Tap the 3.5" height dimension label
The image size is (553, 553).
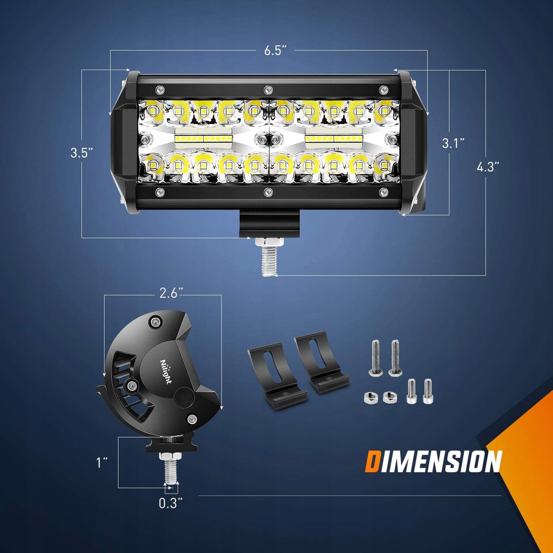coord(81,153)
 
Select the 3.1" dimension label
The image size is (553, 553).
coord(453,143)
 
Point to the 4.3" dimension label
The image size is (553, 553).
coord(488,167)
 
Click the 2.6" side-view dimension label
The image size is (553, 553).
coord(171,294)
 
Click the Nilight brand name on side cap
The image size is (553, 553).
coord(166,370)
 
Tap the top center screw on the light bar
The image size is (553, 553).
coord(268,89)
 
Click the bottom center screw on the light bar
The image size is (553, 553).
coord(268,192)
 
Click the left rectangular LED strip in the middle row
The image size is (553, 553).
coord(203,138)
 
